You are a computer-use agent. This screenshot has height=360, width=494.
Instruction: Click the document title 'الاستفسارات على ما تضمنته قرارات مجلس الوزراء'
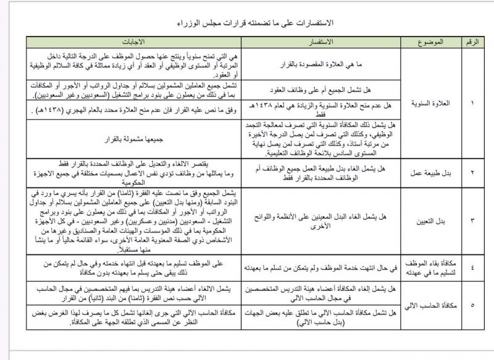pos(248,23)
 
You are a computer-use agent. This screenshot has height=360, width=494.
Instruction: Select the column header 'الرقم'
pos(473,44)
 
